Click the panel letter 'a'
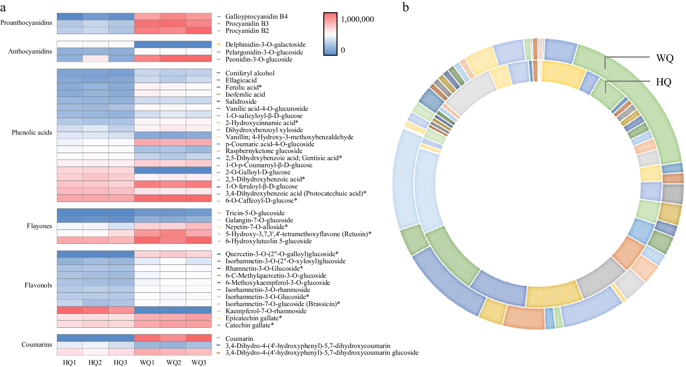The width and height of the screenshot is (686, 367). [x=3, y=7]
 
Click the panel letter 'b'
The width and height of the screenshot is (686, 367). [x=406, y=7]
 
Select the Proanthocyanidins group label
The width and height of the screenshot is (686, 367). [x=26, y=23]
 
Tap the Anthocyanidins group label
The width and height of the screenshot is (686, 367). [x=30, y=52]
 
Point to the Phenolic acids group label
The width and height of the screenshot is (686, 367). [x=32, y=133]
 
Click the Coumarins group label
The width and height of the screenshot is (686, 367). [x=36, y=345]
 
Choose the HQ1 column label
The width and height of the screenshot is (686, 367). [x=69, y=363]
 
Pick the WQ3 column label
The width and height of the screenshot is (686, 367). [x=199, y=363]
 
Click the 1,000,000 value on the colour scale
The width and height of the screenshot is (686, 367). [x=357, y=19]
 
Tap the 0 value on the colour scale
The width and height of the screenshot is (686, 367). [x=343, y=50]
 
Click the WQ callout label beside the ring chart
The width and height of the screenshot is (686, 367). [x=665, y=59]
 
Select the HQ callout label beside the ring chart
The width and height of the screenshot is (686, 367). [x=663, y=82]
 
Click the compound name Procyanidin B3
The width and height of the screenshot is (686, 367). [x=247, y=24]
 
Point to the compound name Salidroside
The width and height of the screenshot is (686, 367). [x=241, y=102]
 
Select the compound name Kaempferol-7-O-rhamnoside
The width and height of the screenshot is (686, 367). [x=266, y=311]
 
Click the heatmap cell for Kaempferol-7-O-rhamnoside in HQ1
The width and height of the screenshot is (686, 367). [x=70, y=310]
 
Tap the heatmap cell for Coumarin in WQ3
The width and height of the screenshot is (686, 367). [x=199, y=338]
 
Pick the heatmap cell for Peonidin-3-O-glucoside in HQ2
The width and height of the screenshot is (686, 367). [x=96, y=59]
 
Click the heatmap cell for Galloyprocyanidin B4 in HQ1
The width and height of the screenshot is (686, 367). [x=70, y=16]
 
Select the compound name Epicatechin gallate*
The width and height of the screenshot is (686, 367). [x=254, y=318]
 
